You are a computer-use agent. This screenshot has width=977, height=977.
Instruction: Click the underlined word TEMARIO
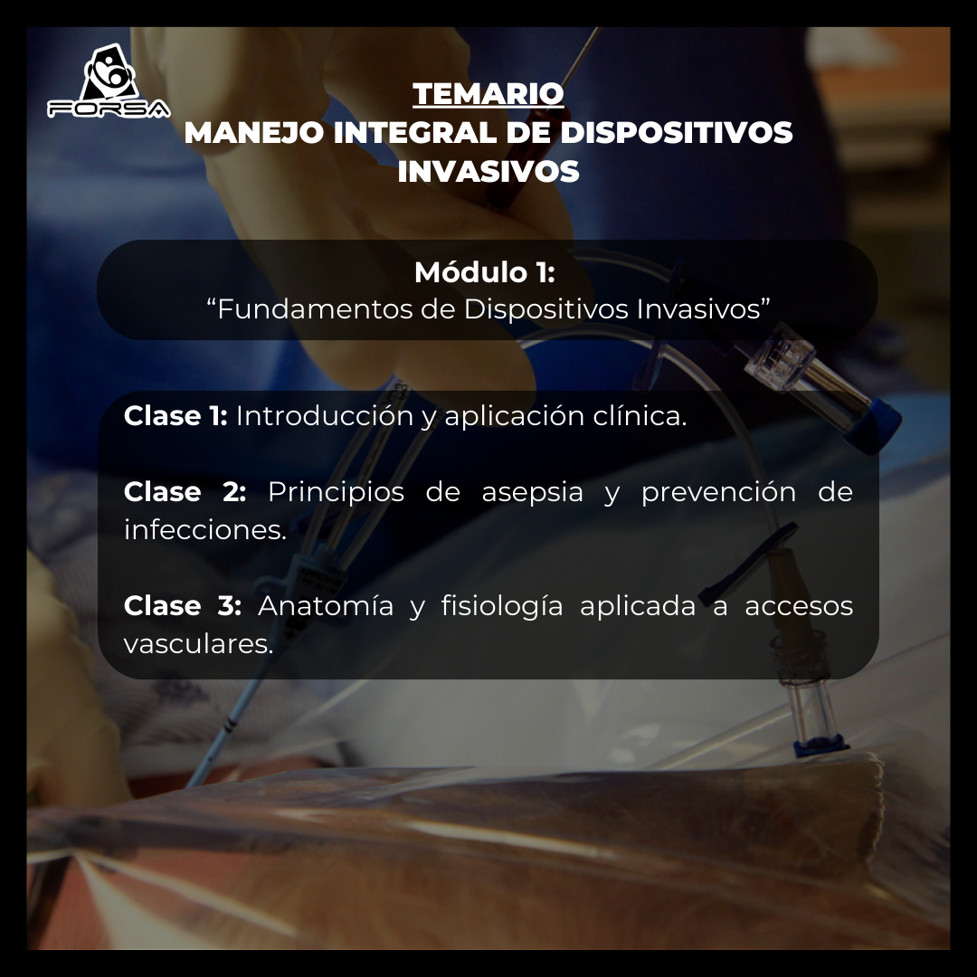[488, 93]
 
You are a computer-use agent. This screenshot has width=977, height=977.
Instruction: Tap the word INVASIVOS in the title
[488, 172]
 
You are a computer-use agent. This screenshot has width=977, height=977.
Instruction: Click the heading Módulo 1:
[484, 271]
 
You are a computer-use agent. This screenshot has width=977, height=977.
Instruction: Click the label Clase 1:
[175, 416]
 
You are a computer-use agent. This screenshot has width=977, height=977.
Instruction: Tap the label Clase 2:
[185, 492]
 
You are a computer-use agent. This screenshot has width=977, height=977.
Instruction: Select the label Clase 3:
[183, 606]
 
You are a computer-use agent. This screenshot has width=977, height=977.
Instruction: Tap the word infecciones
[204, 530]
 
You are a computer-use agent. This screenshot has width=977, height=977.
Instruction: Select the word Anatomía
[326, 606]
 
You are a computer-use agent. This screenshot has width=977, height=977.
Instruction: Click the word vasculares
[198, 644]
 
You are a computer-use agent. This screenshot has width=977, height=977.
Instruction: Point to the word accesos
[798, 606]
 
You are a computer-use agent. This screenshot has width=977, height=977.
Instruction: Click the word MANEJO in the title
[253, 133]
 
